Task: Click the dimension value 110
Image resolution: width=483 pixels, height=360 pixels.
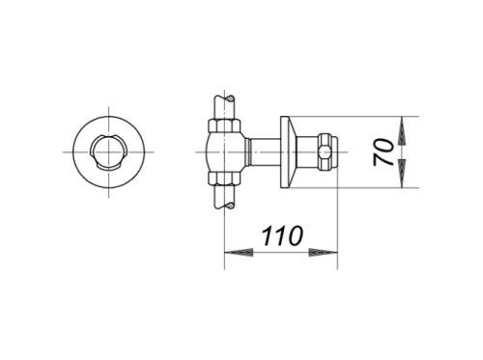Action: (283, 235)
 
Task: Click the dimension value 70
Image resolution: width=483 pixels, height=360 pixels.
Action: (384, 152)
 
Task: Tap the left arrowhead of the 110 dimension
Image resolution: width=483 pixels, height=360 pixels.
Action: (239, 252)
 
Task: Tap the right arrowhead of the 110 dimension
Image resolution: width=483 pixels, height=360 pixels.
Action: (324, 252)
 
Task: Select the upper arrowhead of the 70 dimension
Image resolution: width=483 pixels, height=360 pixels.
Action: (402, 130)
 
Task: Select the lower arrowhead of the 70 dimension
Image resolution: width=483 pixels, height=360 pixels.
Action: (402, 173)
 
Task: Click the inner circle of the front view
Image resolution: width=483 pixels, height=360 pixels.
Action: (109, 152)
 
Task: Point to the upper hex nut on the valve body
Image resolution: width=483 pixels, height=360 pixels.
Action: (224, 125)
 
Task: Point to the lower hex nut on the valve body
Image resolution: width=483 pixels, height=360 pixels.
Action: (224, 179)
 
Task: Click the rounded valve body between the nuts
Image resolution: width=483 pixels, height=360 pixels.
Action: (225, 152)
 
